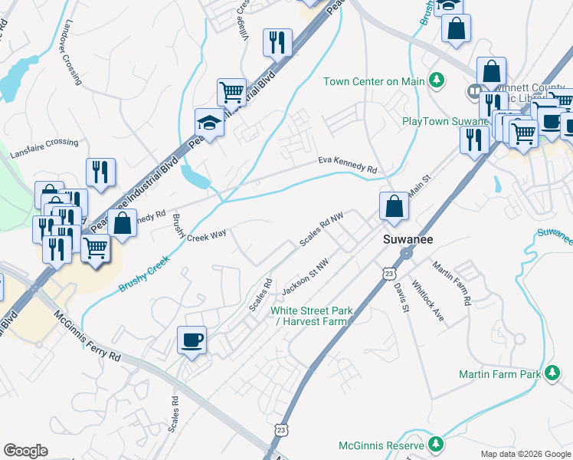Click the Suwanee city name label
point(408,240)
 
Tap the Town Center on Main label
point(375,81)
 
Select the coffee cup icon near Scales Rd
point(192,340)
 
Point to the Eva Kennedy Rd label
point(349,165)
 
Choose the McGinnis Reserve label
point(381,445)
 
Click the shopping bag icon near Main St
point(394,207)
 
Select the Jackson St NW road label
point(305,277)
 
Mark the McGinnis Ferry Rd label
point(87,336)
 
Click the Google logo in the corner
point(25,451)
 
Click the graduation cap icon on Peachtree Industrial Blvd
point(208,122)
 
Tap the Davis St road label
point(401,296)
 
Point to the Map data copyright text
point(525,454)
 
